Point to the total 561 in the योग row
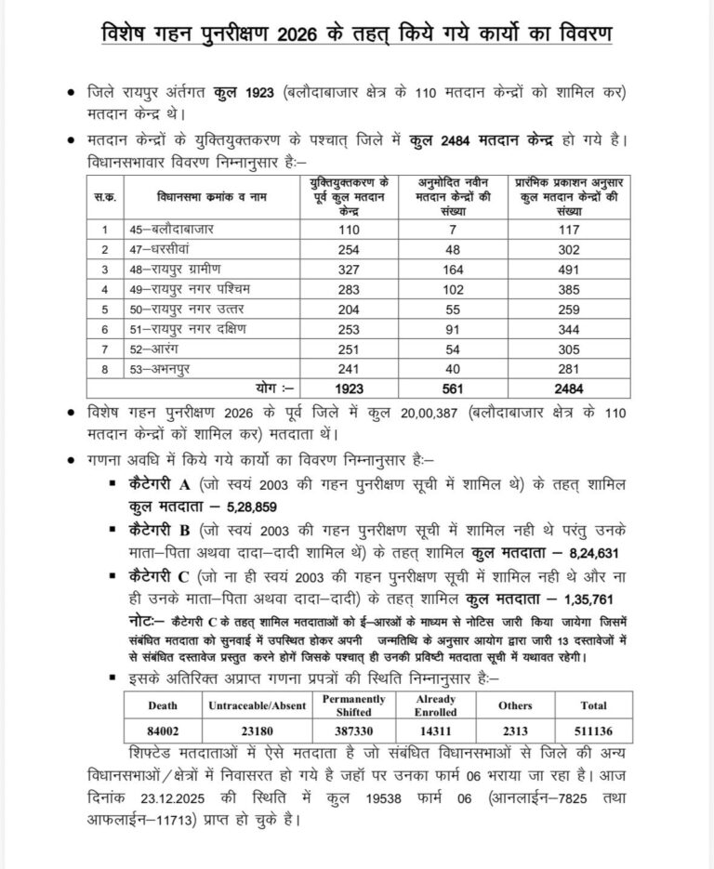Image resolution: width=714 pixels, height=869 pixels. coord(454,386)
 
